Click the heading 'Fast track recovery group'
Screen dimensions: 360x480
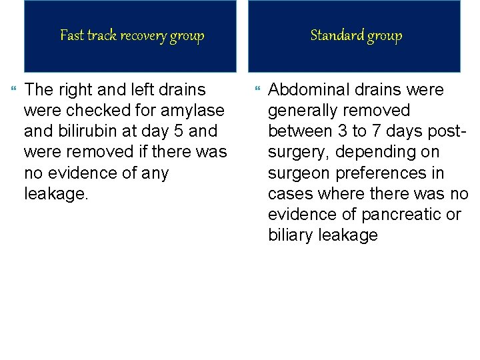(132, 35)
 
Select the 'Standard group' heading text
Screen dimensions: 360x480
(357, 35)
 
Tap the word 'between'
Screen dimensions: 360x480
(299, 131)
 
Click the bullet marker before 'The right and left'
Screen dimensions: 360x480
(15, 89)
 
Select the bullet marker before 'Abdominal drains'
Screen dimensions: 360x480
(259, 89)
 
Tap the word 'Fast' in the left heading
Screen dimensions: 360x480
(72, 35)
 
